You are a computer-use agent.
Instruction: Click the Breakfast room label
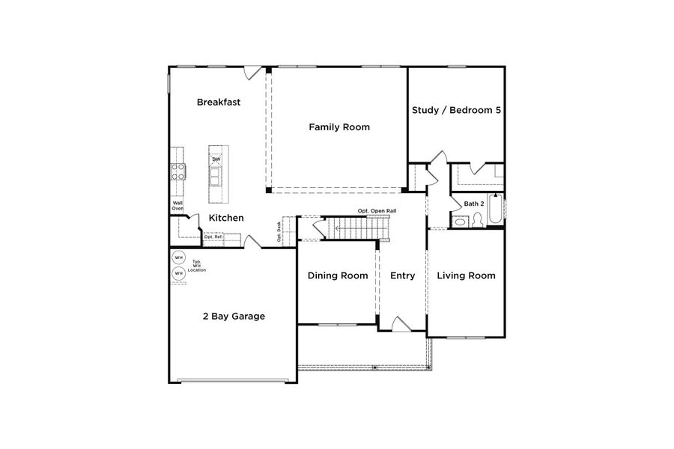219,102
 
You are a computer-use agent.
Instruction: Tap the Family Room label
339,127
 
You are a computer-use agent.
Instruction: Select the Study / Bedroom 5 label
456,110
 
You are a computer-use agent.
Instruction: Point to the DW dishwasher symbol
216,159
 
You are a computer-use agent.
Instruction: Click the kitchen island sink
216,177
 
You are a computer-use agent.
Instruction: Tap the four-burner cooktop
179,171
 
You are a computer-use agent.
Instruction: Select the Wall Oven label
177,206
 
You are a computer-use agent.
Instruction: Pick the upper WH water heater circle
178,258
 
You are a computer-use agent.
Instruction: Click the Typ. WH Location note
196,266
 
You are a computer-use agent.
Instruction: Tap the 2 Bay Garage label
234,317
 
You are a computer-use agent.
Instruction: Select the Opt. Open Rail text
377,211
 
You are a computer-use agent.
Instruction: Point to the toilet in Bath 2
461,220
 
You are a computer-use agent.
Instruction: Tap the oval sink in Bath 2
478,220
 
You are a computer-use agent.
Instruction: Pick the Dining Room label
338,275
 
